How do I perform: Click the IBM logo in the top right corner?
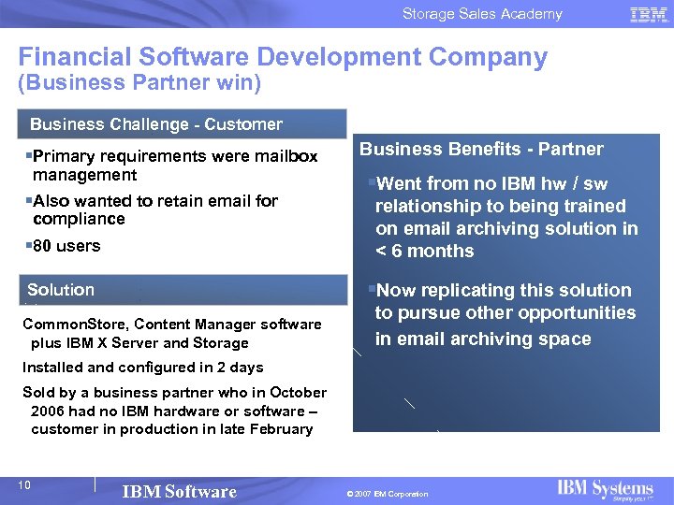click(x=648, y=14)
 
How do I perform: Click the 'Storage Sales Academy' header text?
click(x=482, y=14)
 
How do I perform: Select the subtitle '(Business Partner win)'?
click(x=139, y=84)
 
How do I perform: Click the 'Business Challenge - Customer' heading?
click(x=155, y=124)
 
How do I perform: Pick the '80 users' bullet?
click(x=66, y=246)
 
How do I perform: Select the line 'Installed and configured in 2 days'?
click(x=142, y=368)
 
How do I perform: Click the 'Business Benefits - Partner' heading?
click(x=481, y=149)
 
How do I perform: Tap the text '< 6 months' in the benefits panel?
click(x=424, y=251)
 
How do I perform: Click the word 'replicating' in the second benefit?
click(x=462, y=291)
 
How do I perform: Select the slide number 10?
click(x=25, y=484)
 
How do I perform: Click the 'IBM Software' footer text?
click(x=179, y=492)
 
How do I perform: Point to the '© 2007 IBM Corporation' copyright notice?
click(x=386, y=494)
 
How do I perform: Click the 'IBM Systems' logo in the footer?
click(x=605, y=489)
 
